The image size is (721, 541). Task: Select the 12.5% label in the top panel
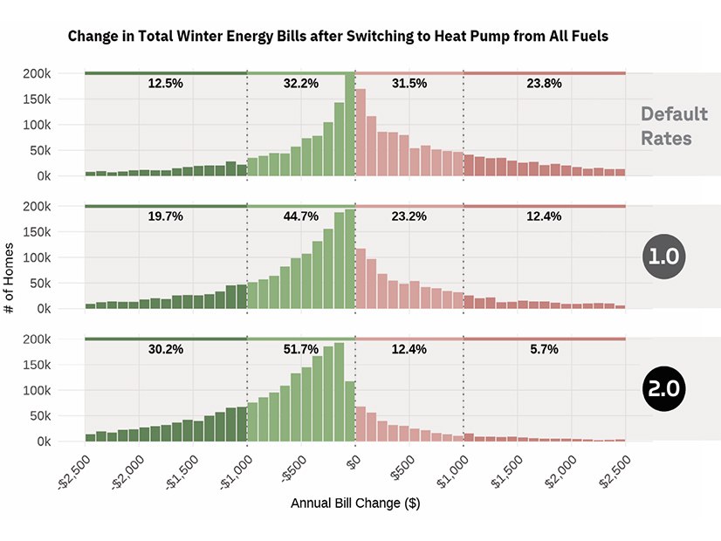coord(165,84)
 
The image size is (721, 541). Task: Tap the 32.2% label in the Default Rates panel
coord(301,84)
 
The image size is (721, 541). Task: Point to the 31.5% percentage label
coord(409,84)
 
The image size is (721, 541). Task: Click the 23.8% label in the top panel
coord(544,84)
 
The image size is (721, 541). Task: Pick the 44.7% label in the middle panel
coord(301,216)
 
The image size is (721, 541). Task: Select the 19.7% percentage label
coord(165,216)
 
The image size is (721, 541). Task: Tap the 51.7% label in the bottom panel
coord(301,349)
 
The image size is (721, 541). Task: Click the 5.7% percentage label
coord(544,349)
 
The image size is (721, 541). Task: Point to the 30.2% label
coord(165,349)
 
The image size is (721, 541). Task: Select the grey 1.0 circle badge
coord(665,257)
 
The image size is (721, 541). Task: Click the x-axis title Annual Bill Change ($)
coord(355,503)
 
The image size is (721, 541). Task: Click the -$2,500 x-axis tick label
coord(73,471)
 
